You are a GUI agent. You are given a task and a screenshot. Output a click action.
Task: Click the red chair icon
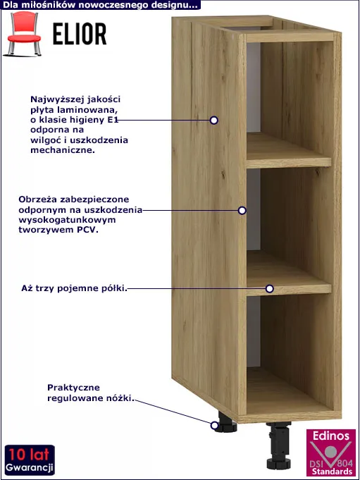[x=23, y=34]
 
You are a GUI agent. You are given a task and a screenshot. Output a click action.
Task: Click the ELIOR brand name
[x=80, y=34]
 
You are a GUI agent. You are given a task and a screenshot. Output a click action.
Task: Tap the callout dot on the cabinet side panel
[x=214, y=121]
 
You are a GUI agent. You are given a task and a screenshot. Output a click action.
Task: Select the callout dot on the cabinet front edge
[x=242, y=210]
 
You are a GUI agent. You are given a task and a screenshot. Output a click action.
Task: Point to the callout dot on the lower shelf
[x=269, y=288]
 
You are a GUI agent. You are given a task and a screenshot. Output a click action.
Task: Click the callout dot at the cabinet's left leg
[x=214, y=425]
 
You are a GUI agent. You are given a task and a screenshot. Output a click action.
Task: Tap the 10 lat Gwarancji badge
[x=30, y=460]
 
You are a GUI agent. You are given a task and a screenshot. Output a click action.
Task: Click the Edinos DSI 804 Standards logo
[x=331, y=453]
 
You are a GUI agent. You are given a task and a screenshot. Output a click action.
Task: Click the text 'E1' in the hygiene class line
[x=113, y=120]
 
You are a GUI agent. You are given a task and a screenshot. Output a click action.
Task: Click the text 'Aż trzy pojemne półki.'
[x=74, y=288]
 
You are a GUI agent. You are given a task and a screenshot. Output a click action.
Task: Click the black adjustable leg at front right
[x=278, y=445]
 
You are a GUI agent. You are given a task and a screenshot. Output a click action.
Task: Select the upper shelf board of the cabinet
[x=289, y=151]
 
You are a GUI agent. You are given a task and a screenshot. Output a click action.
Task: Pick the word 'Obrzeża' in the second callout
[x=38, y=199]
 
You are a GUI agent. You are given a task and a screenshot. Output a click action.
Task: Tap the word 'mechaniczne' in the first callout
[x=63, y=150]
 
